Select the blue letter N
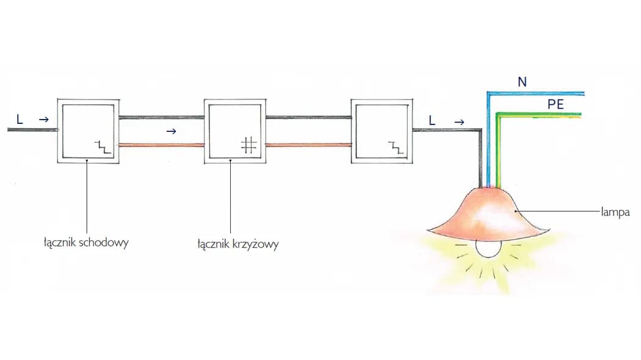click(521, 82)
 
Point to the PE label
click(556, 104)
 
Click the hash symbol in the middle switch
click(248, 145)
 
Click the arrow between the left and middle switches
click(172, 131)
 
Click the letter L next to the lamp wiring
click(432, 121)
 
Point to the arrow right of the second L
click(458, 121)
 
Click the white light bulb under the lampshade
click(488, 247)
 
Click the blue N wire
click(537, 93)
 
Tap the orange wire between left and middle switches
click(161, 145)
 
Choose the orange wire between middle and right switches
click(308, 145)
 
